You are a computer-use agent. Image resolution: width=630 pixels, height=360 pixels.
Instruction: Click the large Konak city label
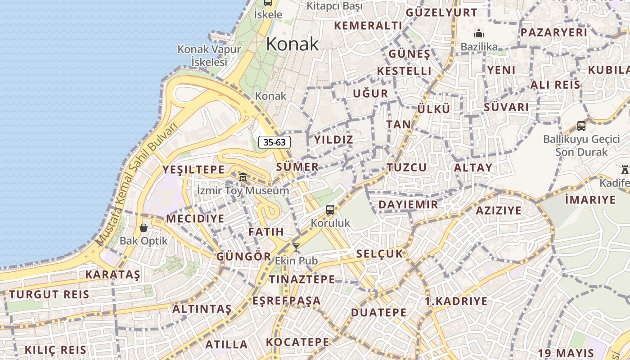point(292,44)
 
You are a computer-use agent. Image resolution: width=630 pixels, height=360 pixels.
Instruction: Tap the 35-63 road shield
point(274,142)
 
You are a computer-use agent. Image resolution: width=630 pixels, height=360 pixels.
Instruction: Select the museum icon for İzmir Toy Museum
point(243,177)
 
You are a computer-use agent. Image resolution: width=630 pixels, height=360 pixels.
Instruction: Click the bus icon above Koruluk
point(330,210)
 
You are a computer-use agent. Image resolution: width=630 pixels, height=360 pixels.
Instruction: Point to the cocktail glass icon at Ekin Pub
point(296,247)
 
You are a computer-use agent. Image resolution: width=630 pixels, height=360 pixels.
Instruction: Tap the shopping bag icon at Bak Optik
point(144,228)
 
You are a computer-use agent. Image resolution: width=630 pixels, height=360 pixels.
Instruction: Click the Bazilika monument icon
point(479,34)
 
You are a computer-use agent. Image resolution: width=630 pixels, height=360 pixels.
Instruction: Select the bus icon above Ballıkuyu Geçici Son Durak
point(581,126)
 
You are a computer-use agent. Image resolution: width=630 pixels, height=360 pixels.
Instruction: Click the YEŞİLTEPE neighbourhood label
point(193,170)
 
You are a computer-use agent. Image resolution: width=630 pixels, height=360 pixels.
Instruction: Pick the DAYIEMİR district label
point(408,205)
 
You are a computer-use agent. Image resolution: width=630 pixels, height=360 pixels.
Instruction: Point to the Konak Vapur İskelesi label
point(209,55)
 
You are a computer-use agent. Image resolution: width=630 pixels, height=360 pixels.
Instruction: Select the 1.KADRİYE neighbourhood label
point(456,301)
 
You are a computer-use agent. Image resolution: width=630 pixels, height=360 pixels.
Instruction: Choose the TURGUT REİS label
point(49,295)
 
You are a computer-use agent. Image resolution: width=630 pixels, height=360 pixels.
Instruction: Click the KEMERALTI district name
point(368,26)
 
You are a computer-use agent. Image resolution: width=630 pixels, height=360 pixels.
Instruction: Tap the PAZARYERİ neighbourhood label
point(553,32)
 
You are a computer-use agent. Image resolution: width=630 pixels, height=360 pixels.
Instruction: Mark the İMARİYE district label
point(590,200)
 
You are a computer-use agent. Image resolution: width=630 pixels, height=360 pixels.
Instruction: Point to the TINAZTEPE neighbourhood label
point(302,279)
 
